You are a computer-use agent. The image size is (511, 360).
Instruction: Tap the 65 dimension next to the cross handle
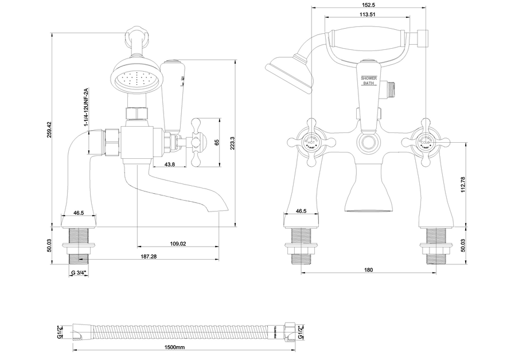216,142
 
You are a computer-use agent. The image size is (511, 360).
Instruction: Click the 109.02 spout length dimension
178,244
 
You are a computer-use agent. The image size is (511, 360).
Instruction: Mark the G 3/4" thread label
79,273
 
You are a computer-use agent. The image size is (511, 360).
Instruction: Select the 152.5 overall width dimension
368,5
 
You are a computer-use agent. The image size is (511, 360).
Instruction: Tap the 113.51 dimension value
368,14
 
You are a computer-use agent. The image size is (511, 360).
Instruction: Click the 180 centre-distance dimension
368,269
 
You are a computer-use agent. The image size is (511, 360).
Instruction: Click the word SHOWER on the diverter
369,77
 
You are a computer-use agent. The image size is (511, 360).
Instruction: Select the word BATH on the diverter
369,84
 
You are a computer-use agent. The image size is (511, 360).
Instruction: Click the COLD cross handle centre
426,139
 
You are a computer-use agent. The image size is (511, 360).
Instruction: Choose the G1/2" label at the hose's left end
60,331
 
